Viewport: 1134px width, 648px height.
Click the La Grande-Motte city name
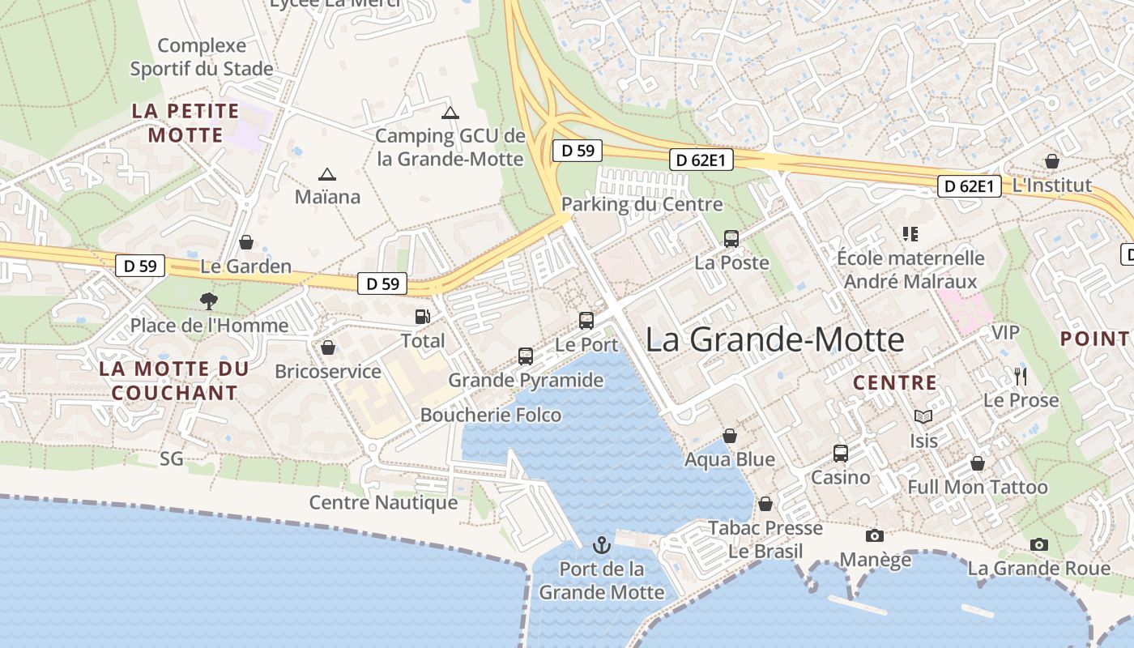(774, 339)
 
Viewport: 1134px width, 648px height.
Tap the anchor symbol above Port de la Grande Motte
(601, 544)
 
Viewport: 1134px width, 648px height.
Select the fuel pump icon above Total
(422, 317)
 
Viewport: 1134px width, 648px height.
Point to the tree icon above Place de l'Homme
(209, 301)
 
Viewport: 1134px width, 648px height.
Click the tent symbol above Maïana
(327, 174)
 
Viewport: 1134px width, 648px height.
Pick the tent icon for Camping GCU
(450, 113)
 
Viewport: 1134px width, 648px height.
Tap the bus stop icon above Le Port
(586, 320)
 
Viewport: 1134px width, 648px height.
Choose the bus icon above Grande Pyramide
(526, 356)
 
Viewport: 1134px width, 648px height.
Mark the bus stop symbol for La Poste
(731, 238)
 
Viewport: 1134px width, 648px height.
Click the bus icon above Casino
(841, 453)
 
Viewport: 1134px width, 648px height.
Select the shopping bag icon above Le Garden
(246, 242)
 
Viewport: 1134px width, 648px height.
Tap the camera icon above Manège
(875, 535)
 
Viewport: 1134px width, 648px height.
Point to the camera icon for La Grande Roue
(1039, 544)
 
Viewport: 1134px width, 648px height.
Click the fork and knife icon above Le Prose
(1021, 376)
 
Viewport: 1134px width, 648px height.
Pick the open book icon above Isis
(923, 416)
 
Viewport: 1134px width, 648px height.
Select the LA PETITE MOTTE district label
(185, 123)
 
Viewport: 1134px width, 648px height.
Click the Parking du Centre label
(642, 204)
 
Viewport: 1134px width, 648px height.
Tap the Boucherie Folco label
(491, 415)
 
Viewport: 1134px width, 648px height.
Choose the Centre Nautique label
(384, 503)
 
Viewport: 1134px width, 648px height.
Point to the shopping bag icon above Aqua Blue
(730, 436)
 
